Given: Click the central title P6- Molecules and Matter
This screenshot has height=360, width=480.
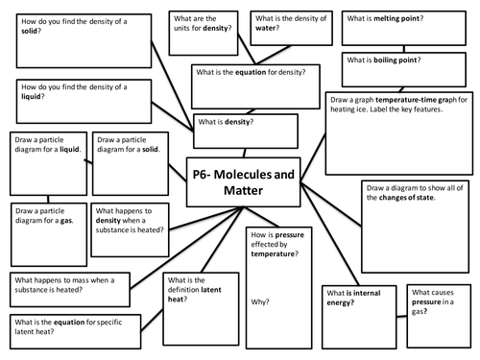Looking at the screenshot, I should tap(237, 181).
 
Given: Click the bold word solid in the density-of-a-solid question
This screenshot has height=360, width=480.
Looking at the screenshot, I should tap(31, 32).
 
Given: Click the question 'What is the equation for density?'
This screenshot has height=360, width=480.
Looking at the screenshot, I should tap(252, 72).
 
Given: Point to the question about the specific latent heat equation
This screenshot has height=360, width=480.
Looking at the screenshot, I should tap(61, 324).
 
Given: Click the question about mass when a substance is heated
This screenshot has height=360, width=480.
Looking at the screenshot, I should tap(67, 282).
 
